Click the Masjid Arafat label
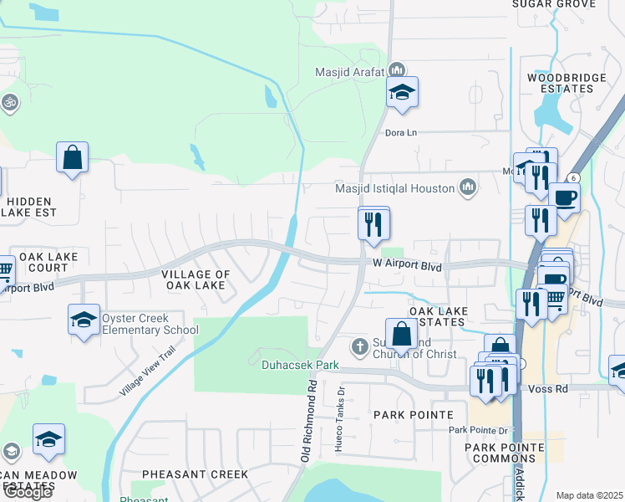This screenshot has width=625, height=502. (349, 71)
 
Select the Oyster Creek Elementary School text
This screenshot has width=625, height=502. (147, 324)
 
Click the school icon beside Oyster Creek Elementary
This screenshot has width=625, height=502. (84, 320)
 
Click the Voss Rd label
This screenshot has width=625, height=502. (548, 389)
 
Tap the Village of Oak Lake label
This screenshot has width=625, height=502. (195, 280)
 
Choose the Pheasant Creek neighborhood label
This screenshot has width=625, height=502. (195, 474)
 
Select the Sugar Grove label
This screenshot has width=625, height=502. (554, 4)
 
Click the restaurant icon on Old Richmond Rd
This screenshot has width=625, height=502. (373, 223)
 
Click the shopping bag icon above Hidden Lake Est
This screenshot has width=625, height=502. (73, 156)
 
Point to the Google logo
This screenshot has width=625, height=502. (27, 492)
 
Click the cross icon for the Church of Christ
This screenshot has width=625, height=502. (359, 346)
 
